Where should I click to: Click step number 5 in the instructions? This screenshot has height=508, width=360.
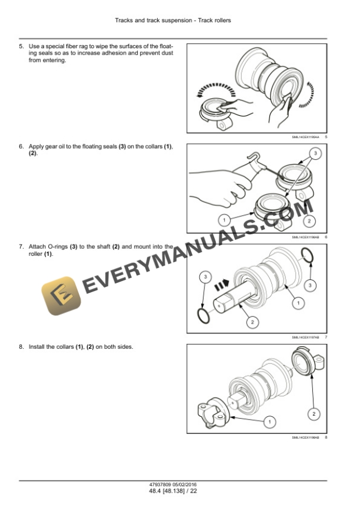pos(21,45)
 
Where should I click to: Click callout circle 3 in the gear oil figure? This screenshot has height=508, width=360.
pos(315,153)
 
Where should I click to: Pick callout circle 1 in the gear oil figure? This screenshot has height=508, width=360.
pos(223,220)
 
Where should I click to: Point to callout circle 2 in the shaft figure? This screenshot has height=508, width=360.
pos(252,322)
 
